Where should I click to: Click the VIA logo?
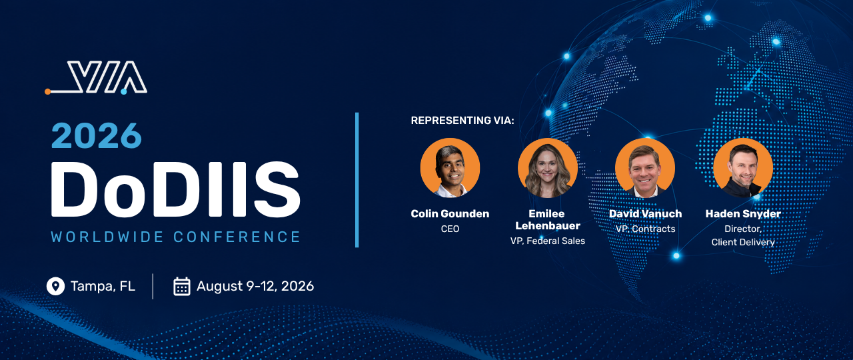pos(96,77)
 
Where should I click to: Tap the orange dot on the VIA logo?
pos(47,91)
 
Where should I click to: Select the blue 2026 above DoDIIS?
pos(97,136)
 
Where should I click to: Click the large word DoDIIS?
pos(175,189)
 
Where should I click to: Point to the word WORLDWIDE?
pos(107,237)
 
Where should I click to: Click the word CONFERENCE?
pos(237,237)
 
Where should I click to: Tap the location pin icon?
pos(55,286)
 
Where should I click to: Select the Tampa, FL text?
pos(103,286)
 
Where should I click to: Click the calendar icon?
pos(182,287)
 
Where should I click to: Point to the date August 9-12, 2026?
pos(255,286)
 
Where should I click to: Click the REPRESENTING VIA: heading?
pos(462,121)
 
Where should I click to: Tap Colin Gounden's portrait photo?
pos(450,167)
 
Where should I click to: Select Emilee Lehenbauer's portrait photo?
pos(548,167)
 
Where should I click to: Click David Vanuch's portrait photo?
pos(645,167)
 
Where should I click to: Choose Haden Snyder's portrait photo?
pos(743,167)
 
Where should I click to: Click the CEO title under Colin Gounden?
pos(450,229)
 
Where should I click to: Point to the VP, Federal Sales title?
pos(548,241)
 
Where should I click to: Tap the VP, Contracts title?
pos(646,229)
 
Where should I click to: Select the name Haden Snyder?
pos(743,214)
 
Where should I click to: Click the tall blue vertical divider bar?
pos(357,180)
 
